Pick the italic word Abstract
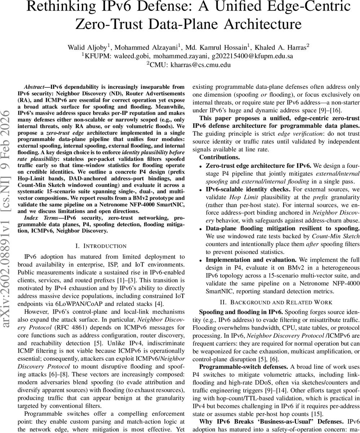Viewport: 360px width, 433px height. point(36,87)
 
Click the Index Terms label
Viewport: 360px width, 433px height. point(38,218)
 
